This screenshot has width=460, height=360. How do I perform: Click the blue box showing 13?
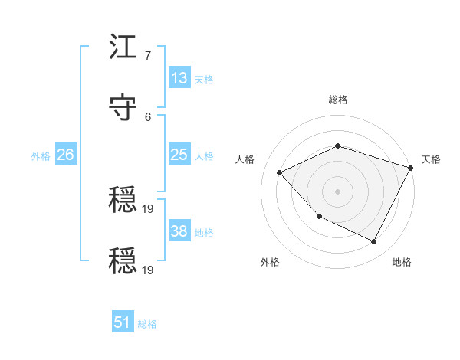(179, 78)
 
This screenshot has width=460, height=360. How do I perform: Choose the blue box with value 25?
(179, 155)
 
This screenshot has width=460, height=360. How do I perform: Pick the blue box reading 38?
(179, 231)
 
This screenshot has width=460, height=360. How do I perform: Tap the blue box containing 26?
(66, 155)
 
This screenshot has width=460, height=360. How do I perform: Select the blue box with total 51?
(123, 322)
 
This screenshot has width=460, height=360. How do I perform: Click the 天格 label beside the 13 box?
(204, 80)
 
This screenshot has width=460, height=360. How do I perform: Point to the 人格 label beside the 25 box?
(204, 156)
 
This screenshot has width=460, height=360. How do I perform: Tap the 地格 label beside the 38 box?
(204, 233)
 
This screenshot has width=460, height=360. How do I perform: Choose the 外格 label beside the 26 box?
(41, 156)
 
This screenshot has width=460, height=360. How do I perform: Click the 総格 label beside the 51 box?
(147, 324)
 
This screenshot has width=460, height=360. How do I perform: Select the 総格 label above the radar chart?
(338, 100)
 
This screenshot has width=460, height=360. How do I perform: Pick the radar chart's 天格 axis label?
(431, 159)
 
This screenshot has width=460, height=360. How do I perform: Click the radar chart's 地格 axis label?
(402, 262)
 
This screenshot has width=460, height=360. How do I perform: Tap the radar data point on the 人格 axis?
(280, 173)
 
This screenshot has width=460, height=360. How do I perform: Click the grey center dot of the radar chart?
(337, 191)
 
